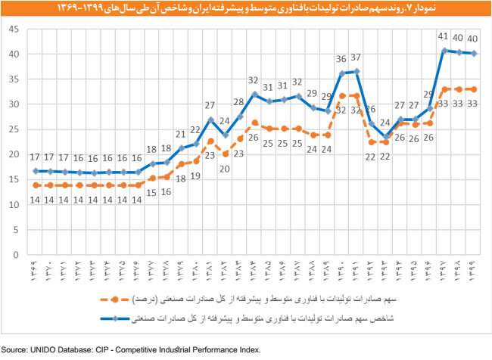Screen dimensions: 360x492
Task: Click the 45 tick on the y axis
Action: coord(13,29)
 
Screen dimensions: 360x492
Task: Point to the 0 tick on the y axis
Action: coord(16,255)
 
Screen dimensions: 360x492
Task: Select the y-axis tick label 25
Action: coord(13,129)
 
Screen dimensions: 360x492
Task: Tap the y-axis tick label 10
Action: coord(13,205)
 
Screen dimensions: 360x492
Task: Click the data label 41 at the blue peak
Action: coord(444,36)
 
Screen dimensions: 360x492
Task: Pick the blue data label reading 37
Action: coord(357,57)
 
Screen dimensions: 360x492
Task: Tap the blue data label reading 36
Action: coord(341,59)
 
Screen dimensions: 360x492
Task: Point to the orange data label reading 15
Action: coord(152,192)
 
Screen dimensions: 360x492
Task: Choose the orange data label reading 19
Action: coord(196,175)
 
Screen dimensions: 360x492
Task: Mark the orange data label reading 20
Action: coord(225,169)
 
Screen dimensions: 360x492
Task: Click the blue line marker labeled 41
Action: coord(444,51)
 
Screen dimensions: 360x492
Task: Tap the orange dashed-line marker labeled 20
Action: coord(225,154)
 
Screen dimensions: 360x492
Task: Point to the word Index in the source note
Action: coord(248,350)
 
